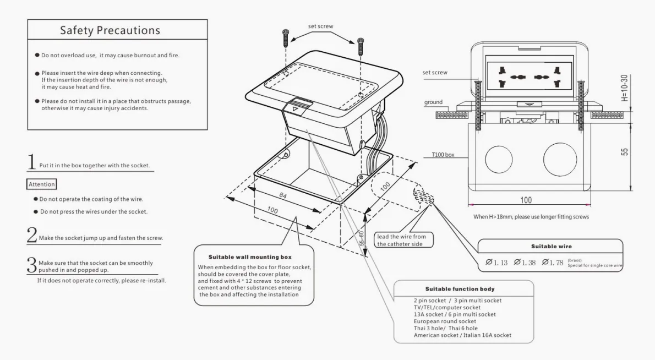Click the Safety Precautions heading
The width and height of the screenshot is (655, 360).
[x=110, y=31]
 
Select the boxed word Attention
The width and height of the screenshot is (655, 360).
[x=42, y=184]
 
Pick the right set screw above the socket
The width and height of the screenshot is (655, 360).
[x=361, y=45]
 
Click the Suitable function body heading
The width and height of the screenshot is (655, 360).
[x=460, y=288]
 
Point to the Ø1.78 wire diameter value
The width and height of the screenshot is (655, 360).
[x=553, y=263]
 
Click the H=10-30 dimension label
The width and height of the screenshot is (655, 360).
[x=624, y=88]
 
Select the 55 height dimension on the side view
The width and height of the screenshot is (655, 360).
[x=624, y=151]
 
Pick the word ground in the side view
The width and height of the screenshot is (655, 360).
[x=433, y=102]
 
